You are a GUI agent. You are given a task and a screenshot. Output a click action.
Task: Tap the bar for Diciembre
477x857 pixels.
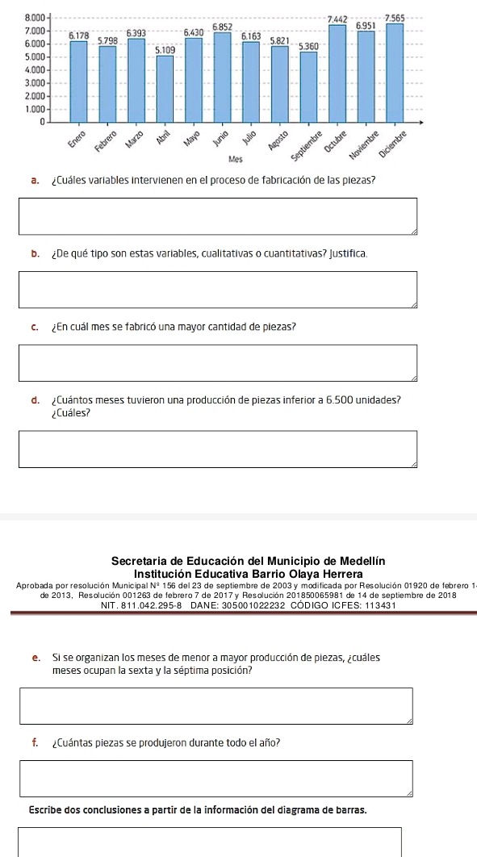click(395, 73)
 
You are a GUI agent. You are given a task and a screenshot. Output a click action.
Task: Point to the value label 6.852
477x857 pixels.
click(222, 27)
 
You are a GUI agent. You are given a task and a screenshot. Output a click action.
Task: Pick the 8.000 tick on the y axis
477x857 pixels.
click(34, 18)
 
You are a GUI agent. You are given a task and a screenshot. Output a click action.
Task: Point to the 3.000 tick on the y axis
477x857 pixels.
click(34, 82)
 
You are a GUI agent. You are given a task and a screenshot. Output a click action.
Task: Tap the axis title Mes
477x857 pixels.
click(236, 159)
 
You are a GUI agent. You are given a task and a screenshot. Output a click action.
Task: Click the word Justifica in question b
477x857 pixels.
click(348, 255)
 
